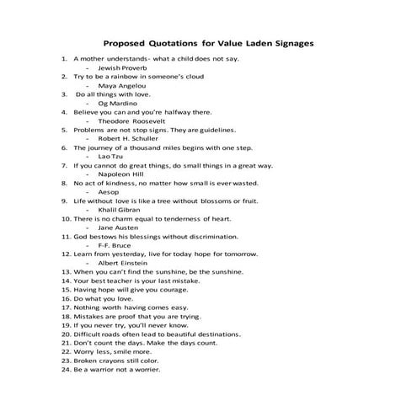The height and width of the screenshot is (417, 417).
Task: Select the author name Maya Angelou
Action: click(x=122, y=85)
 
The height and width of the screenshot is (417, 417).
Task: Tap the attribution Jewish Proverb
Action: click(x=122, y=67)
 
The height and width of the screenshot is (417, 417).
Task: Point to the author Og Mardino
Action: click(x=119, y=103)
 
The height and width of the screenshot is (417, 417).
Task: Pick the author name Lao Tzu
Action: click(x=111, y=157)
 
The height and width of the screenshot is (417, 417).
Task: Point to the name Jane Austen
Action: click(x=117, y=227)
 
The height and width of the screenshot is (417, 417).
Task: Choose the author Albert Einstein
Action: click(x=122, y=263)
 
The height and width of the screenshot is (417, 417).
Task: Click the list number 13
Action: click(x=65, y=272)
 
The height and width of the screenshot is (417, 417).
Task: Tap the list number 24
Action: click(x=65, y=370)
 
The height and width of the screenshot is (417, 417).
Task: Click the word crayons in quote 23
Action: click(x=113, y=361)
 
